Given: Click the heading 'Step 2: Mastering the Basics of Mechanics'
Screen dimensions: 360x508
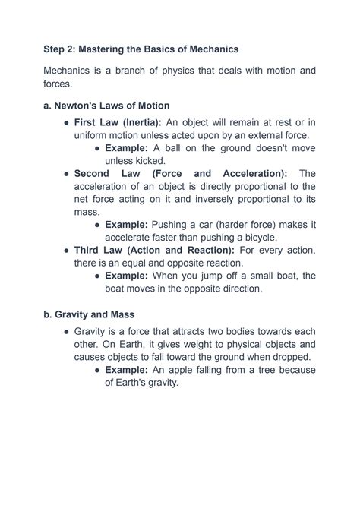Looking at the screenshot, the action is [141, 49].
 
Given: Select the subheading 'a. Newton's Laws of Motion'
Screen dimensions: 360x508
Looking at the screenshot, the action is [106, 106].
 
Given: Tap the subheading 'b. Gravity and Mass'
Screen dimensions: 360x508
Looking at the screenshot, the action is [88, 313].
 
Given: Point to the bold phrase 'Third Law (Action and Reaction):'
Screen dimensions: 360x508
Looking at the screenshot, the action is [155, 250].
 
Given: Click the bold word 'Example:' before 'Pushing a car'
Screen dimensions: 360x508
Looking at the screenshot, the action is [127, 225].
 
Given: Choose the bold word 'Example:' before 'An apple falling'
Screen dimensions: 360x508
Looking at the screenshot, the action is [127, 370].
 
